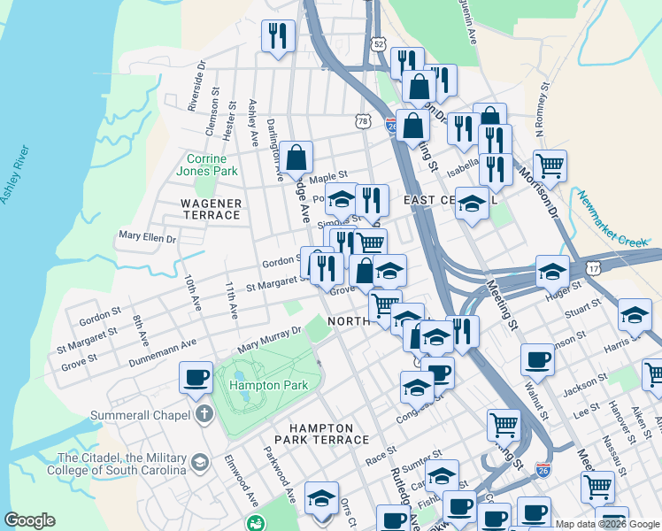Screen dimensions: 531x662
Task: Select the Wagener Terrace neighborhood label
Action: (212, 209)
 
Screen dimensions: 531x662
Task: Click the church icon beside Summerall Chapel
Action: (204, 414)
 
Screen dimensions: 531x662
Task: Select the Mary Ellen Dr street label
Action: (148, 238)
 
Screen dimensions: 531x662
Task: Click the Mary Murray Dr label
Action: (264, 334)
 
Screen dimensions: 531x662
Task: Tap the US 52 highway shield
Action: (379, 43)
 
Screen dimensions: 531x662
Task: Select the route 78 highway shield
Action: (363, 119)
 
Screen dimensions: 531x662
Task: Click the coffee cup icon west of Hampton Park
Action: (196, 378)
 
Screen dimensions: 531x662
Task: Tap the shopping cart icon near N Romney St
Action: (550, 165)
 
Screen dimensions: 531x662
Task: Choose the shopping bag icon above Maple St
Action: (298, 158)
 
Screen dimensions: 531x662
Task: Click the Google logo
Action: (30, 520)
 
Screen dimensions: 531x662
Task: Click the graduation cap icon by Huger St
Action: (552, 271)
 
